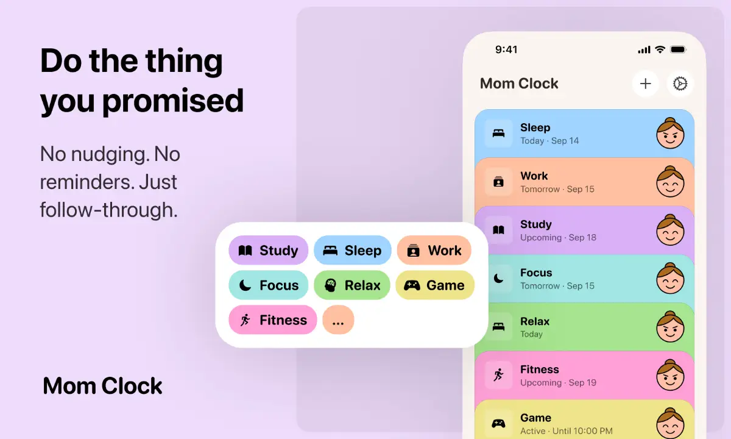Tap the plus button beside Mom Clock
pyautogui.click(x=646, y=84)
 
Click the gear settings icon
pyautogui.click(x=680, y=84)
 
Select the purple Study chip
pyautogui.click(x=268, y=251)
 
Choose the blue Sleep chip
pyautogui.click(x=352, y=251)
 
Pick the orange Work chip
pyautogui.click(x=434, y=251)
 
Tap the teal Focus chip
pyautogui.click(x=268, y=285)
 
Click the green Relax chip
pyautogui.click(x=352, y=285)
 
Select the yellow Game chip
pyautogui.click(x=434, y=285)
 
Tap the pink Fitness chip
pyautogui.click(x=272, y=320)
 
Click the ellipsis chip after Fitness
pyautogui.click(x=338, y=320)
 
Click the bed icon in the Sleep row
pyautogui.click(x=498, y=133)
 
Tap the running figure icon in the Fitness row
pyautogui.click(x=498, y=375)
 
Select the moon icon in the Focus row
pyautogui.click(x=498, y=279)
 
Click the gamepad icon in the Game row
pyautogui.click(x=498, y=423)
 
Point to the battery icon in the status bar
pyautogui.click(x=678, y=49)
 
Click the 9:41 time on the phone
pyautogui.click(x=506, y=50)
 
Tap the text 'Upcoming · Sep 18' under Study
pyautogui.click(x=558, y=237)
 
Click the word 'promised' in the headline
pyautogui.click(x=172, y=101)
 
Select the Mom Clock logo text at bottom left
pyautogui.click(x=103, y=386)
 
